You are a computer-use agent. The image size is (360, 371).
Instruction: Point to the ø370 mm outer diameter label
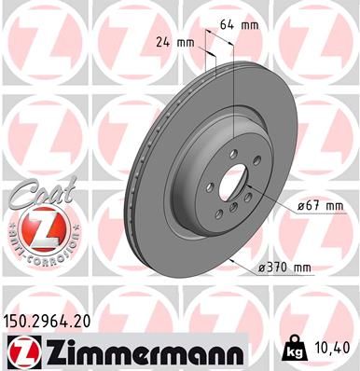[x=284, y=268]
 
